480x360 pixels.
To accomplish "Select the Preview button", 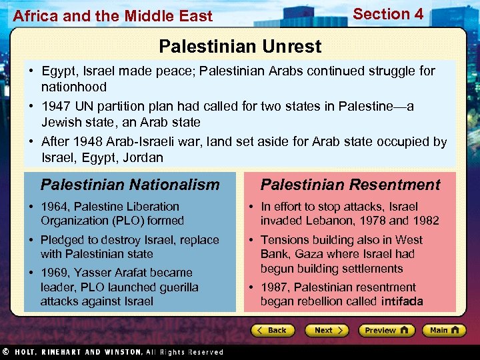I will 386,330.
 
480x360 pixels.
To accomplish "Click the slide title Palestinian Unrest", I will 240,47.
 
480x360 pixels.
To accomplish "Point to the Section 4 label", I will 388,14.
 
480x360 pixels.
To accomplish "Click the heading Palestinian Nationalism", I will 130,185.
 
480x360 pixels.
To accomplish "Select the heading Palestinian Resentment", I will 350,185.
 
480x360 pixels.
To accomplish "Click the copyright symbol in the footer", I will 5,352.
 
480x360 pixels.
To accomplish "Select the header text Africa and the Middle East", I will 113,16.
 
